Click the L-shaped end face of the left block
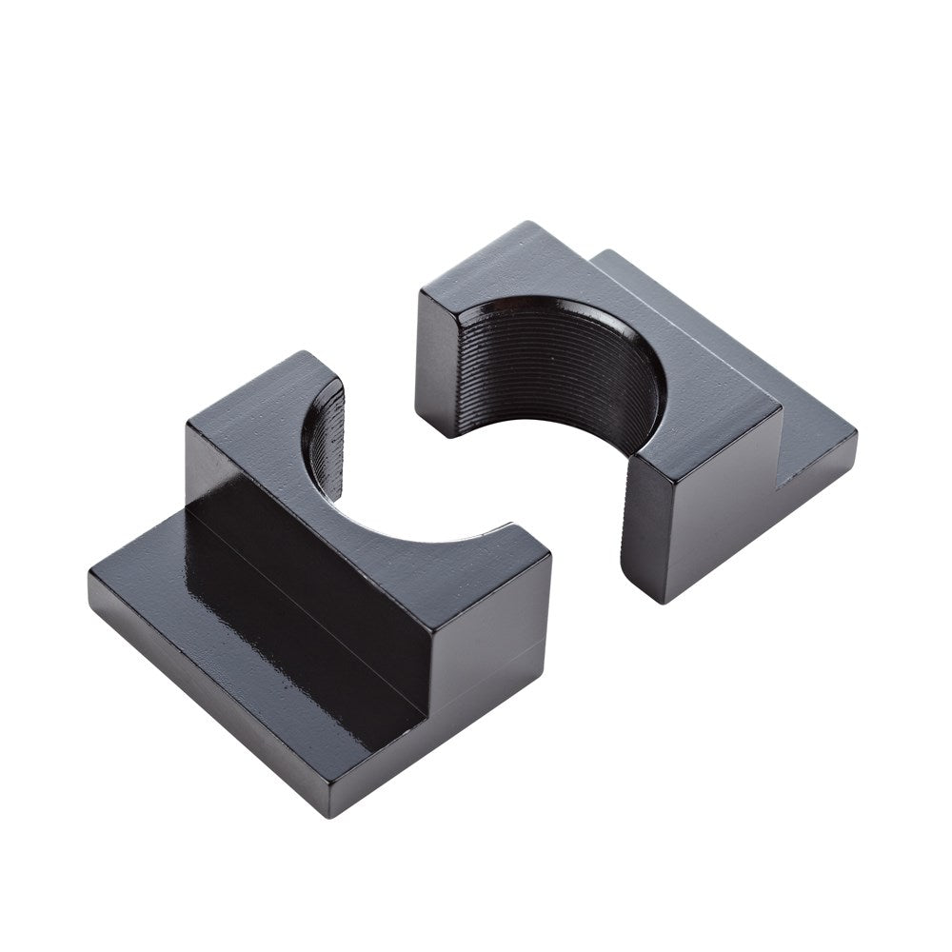476,685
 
